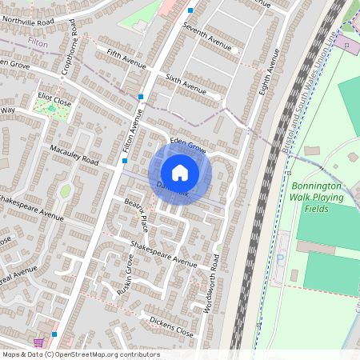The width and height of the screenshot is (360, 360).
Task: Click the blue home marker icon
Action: (x=180, y=173)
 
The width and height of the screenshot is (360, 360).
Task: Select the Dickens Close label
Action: (x=171, y=326)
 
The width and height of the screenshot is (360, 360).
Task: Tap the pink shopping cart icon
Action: (x=38, y=342)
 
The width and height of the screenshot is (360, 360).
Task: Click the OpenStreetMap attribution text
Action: (x=80, y=354)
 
